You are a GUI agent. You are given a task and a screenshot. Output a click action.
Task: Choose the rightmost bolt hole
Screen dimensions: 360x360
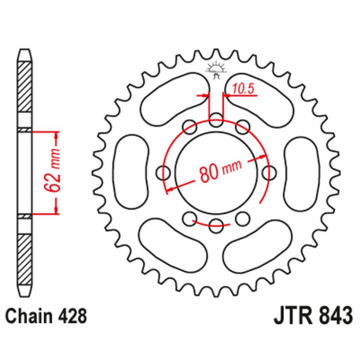[270, 173]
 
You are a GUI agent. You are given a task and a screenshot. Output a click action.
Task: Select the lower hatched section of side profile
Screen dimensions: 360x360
[26, 252]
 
